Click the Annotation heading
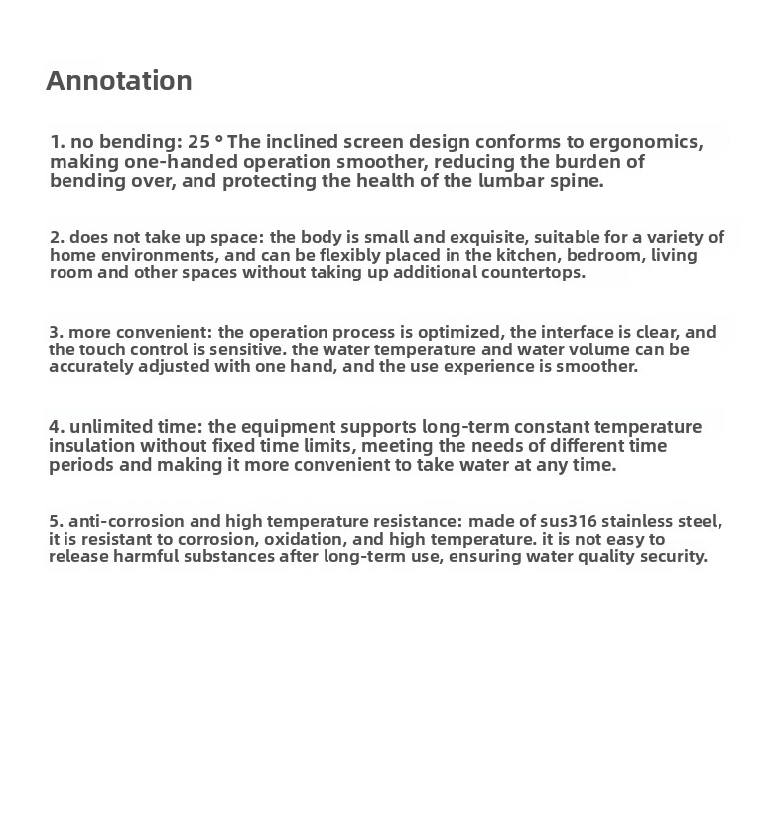pos(119,81)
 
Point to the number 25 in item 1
pos(198,142)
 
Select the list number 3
pos(55,332)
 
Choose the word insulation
pos(92,446)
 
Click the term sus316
pos(567,522)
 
